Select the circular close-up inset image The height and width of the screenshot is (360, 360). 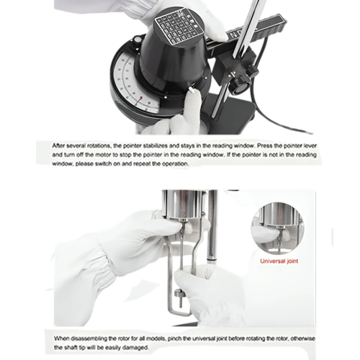tap(277, 227)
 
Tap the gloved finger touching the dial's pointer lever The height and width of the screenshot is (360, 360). tap(192, 101)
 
